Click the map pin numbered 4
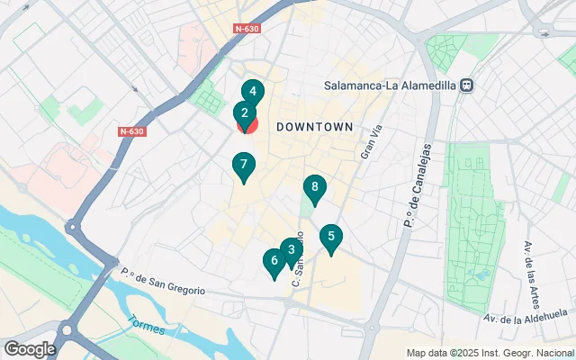pyautogui.click(x=253, y=92)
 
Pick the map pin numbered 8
pyautogui.click(x=314, y=187)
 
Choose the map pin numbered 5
pyautogui.click(x=331, y=238)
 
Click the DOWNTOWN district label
pyautogui.click(x=314, y=127)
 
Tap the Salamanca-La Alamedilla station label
pyautogui.click(x=390, y=85)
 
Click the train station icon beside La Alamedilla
pyautogui.click(x=466, y=85)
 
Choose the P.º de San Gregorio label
pyautogui.click(x=163, y=282)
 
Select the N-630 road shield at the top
pyautogui.click(x=248, y=29)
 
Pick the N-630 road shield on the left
pyautogui.click(x=131, y=131)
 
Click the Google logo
pyautogui.click(x=30, y=348)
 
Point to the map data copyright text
pyautogui.click(x=490, y=353)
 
